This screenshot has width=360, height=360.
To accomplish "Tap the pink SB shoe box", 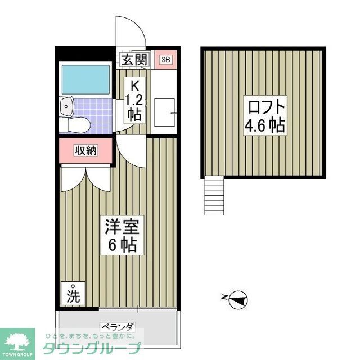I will (x=165, y=60).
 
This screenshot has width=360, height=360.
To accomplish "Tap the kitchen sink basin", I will (x=164, y=112).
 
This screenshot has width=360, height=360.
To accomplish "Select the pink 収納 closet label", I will (x=86, y=150).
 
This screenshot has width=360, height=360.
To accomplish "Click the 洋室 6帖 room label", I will (x=122, y=235).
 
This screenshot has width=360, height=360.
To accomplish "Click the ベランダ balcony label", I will (x=118, y=327).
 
